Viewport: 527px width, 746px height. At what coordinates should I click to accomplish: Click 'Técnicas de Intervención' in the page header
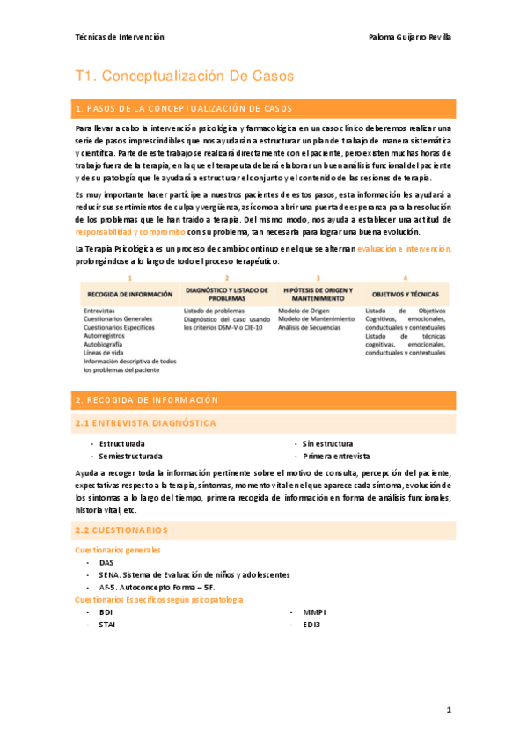click(x=120, y=37)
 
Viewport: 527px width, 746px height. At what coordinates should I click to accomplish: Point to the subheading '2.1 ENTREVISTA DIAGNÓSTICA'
click(x=145, y=423)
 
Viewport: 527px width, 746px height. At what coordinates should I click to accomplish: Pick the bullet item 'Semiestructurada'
click(x=130, y=457)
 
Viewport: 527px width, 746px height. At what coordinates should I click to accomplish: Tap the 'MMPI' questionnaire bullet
click(x=314, y=611)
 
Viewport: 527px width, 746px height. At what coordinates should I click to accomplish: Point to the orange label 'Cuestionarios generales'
click(x=118, y=550)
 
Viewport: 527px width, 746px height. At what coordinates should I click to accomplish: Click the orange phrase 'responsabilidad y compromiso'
click(x=130, y=232)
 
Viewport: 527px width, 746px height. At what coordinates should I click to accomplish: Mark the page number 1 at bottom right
click(x=448, y=709)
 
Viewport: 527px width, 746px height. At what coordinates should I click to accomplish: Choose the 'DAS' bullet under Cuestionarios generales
click(x=106, y=562)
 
